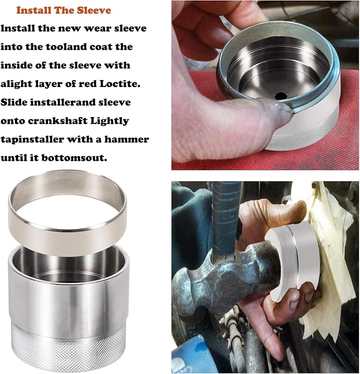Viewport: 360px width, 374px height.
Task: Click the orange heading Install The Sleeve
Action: [64, 10]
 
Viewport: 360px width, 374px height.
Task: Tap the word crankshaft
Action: [57, 121]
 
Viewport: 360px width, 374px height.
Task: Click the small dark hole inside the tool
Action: [281, 96]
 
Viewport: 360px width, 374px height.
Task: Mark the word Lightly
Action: [109, 121]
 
